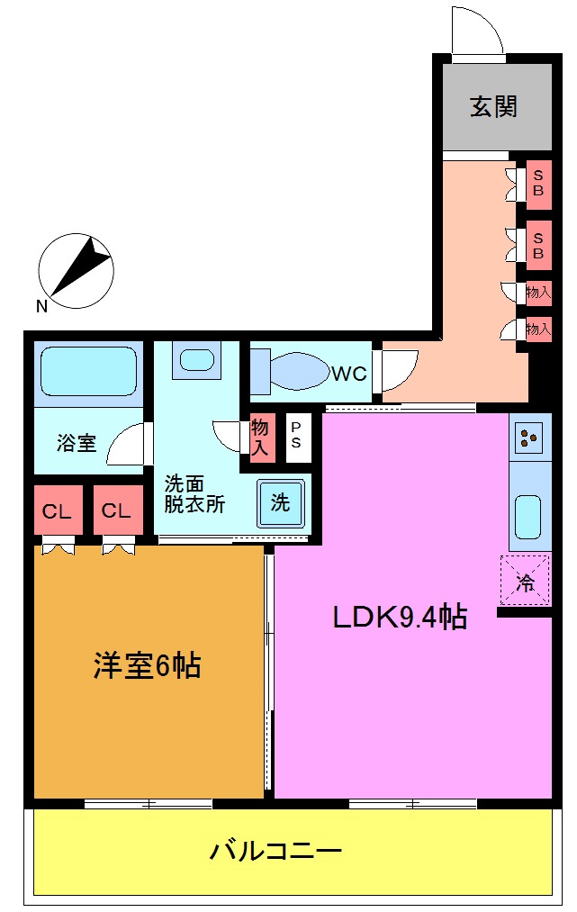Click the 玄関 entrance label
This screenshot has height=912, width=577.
pyautogui.click(x=493, y=107)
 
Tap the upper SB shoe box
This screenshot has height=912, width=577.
pyautogui.click(x=538, y=184)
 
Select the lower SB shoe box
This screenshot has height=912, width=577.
pyautogui.click(x=538, y=245)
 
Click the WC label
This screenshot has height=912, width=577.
pyautogui.click(x=348, y=373)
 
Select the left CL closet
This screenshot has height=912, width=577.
pyautogui.click(x=58, y=511)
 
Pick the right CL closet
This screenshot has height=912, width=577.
pyautogui.click(x=117, y=511)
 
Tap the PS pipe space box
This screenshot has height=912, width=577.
pyautogui.click(x=295, y=438)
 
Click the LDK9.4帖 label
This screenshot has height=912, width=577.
pyautogui.click(x=400, y=617)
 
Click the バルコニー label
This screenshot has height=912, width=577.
pyautogui.click(x=275, y=850)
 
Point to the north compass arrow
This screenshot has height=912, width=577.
pyautogui.click(x=76, y=266)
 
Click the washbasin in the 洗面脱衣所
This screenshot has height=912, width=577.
pyautogui.click(x=196, y=359)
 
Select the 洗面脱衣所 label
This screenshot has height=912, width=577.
pyautogui.click(x=194, y=493)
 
